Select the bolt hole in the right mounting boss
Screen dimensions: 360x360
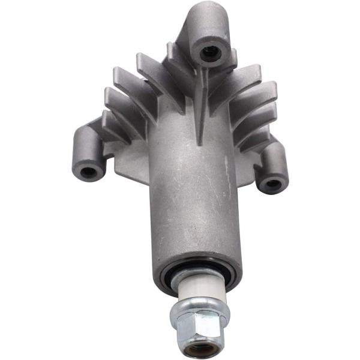point(273,183)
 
